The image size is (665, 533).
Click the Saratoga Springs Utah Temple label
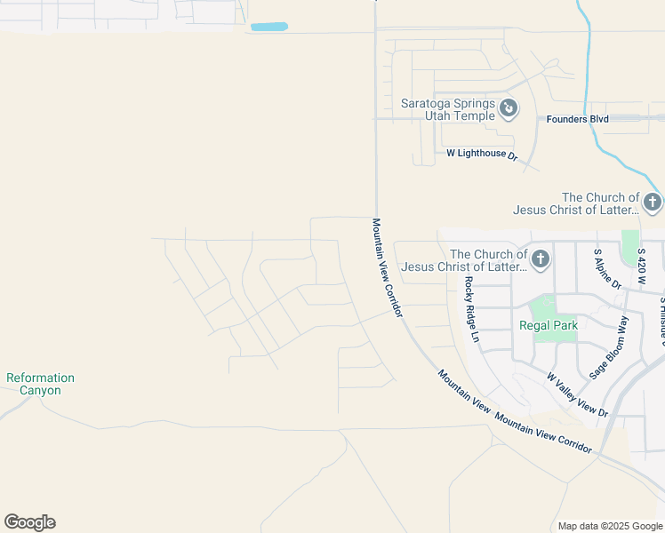447,109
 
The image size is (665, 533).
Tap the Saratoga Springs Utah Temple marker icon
509,108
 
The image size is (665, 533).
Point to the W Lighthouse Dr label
481,154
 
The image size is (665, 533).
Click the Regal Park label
549,326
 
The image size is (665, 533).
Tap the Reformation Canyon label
40,384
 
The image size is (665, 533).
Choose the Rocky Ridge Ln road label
471,310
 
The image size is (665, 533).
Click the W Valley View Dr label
577,395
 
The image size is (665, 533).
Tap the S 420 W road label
644,264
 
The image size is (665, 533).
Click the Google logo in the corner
29,522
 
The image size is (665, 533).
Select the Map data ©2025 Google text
610,526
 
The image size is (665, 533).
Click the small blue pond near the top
268,27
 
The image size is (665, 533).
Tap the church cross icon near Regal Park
540,259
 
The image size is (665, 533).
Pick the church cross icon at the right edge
653,203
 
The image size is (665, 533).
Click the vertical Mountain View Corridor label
388,268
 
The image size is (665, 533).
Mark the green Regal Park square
541,307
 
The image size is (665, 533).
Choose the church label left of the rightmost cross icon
576,203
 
